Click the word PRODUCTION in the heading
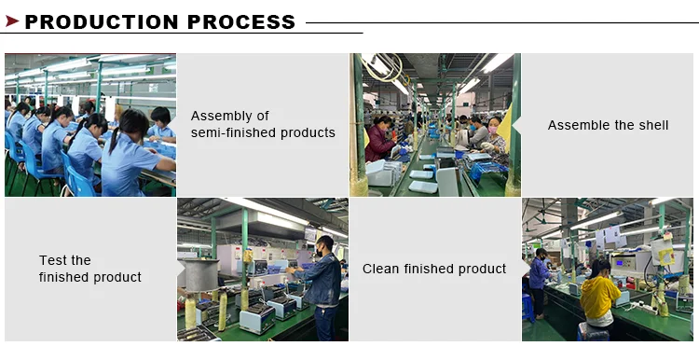[102, 21]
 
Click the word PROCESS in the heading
[241, 21]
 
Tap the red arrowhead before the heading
[12, 21]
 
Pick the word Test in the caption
[49, 260]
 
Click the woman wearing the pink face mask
[494, 137]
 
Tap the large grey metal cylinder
[201, 274]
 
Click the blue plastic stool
[528, 308]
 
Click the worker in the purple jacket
[539, 282]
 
